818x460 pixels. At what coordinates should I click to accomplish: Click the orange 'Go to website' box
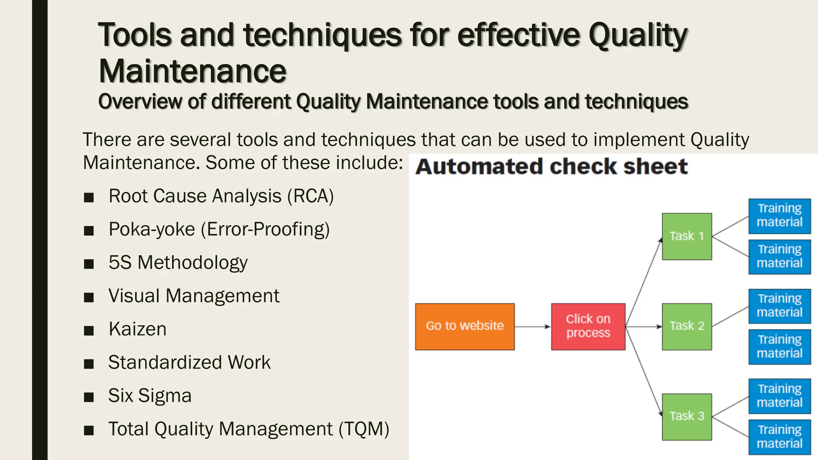tap(465, 327)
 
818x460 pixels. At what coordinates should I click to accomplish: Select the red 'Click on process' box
tap(588, 327)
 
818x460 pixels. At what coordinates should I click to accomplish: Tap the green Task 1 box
tap(687, 236)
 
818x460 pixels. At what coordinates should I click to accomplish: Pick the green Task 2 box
tap(687, 327)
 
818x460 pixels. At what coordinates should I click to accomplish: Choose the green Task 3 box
tap(687, 417)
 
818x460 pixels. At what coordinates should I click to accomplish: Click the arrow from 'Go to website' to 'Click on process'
tap(532, 327)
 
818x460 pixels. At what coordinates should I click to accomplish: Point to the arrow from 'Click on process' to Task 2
tap(643, 327)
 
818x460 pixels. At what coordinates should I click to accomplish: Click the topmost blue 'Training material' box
tap(779, 216)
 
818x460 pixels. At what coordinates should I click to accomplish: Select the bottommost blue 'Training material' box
tap(779, 437)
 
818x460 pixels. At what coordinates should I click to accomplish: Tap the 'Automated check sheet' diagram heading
tap(552, 167)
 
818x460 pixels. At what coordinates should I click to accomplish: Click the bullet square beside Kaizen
tap(89, 331)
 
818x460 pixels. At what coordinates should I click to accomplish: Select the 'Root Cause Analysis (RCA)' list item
tap(221, 196)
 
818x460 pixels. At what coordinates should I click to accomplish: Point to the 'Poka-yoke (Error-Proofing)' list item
tap(219, 230)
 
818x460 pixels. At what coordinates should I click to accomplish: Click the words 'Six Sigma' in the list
tap(150, 396)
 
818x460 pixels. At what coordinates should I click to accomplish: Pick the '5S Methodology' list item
tap(178, 263)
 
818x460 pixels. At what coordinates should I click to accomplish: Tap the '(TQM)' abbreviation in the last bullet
tap(363, 429)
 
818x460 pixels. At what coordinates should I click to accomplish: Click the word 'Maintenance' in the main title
tap(193, 71)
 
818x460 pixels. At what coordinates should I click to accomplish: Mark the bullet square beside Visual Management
tap(89, 297)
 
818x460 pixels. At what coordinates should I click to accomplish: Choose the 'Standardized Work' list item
tap(189, 363)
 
